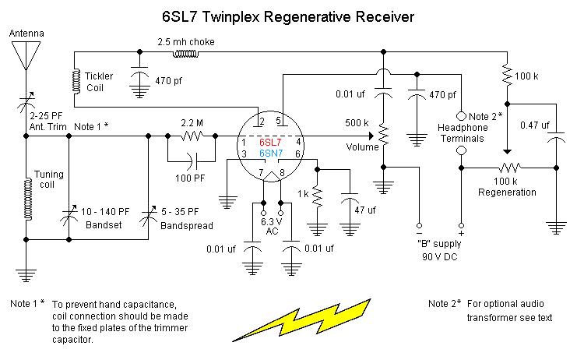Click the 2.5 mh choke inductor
click(x=185, y=53)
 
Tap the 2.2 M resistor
click(x=191, y=135)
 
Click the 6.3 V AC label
click(x=271, y=227)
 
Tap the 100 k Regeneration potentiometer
click(x=509, y=167)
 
